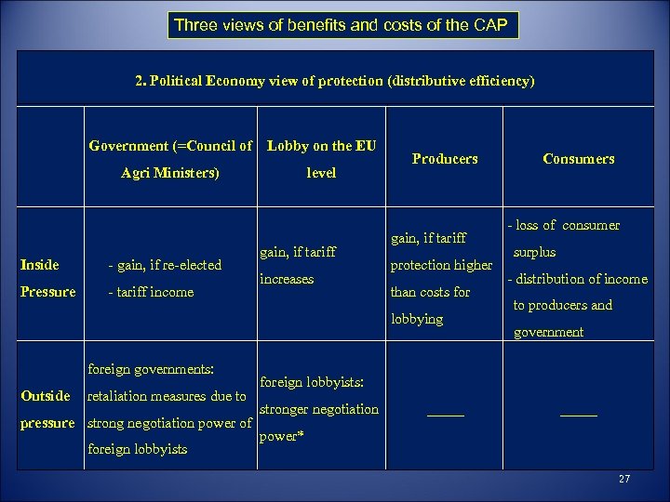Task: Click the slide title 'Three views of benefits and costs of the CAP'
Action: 343,25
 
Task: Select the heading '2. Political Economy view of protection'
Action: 335,81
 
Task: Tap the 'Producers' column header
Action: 444,159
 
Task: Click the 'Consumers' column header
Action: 578,159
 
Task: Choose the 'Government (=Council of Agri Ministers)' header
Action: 170,159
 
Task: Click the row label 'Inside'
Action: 39,265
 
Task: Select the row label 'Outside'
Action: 45,396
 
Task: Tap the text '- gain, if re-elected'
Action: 165,265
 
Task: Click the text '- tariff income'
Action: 151,292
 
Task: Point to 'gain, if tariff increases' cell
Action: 298,265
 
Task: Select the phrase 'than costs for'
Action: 430,292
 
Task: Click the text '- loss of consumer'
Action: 563,225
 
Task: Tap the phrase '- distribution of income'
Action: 576,279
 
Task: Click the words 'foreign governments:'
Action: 150,369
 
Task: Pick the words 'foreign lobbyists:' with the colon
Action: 311,382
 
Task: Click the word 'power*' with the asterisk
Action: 282,435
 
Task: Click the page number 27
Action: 623,480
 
